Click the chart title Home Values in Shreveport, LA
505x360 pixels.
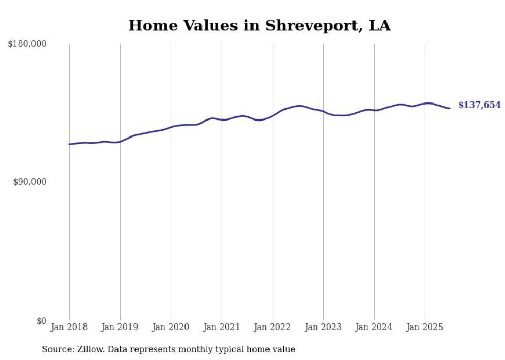coord(259,25)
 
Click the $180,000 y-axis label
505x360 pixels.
coord(27,44)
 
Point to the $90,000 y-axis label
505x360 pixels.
coord(29,182)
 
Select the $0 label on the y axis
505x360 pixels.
coord(41,321)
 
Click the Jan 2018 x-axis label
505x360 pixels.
coord(69,327)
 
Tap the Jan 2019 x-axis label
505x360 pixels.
coord(120,327)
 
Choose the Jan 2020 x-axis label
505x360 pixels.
coord(171,327)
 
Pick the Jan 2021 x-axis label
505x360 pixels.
coord(222,327)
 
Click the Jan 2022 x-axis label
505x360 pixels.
coord(273,327)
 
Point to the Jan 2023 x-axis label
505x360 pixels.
coord(323,327)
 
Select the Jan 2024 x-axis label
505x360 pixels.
coord(374,327)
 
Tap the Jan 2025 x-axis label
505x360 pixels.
coord(425,327)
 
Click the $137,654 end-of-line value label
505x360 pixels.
coord(479,105)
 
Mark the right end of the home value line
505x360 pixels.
coord(450,108)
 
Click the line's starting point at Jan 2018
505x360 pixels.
coord(69,144)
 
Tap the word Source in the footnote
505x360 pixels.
coord(56,349)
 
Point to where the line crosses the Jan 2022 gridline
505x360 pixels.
coord(273,115)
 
